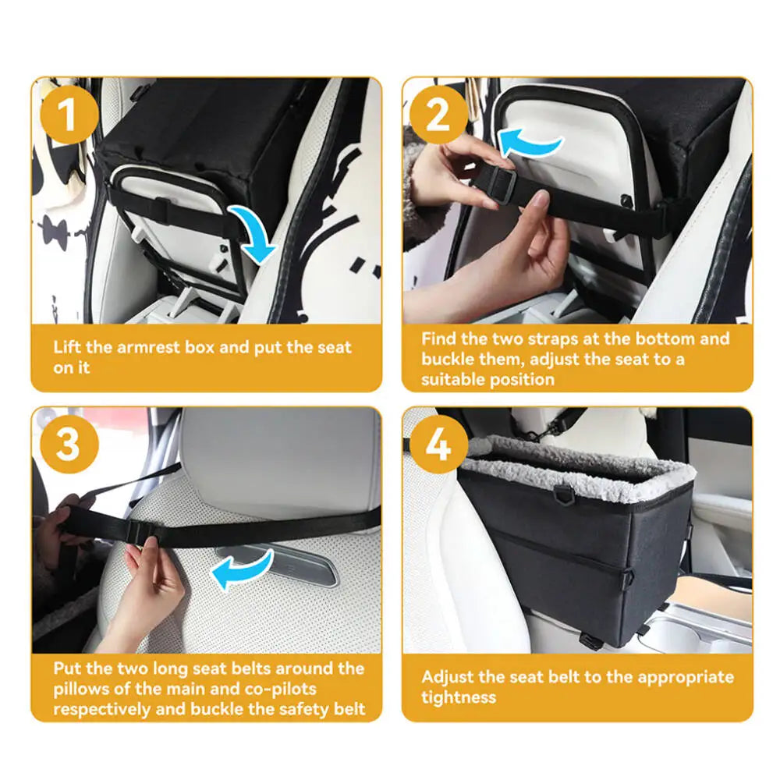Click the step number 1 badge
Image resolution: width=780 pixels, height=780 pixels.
pyautogui.click(x=68, y=115)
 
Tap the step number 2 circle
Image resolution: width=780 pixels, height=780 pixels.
pyautogui.click(x=438, y=115)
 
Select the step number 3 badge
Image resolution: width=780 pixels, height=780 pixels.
pyautogui.click(x=68, y=445)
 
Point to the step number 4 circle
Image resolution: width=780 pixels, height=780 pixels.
pyautogui.click(x=438, y=445)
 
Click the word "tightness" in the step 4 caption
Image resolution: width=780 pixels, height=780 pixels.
pyautogui.click(x=459, y=697)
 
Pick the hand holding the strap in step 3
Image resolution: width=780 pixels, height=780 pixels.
pyautogui.click(x=152, y=577)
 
